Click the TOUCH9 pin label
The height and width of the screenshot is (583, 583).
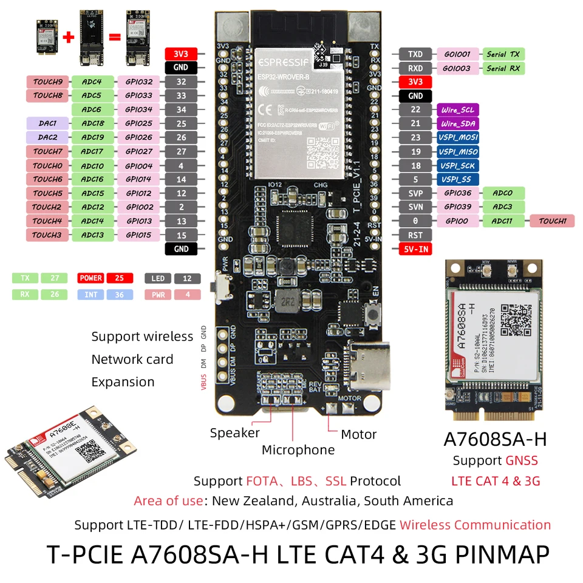pos(48,81)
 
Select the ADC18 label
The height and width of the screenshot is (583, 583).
pos(92,123)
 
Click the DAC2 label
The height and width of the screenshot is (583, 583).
pos(48,137)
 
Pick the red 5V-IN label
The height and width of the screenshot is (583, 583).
pos(415,249)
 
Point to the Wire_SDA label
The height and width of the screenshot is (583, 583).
pos(457,123)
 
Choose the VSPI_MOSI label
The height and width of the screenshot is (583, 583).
pos(457,137)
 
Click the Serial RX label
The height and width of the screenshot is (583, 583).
pos(503,69)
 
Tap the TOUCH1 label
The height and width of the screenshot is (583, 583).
pos(552,221)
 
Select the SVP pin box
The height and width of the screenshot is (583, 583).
pos(415,193)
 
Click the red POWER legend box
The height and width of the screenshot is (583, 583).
pos(90,278)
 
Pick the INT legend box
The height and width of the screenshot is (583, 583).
pos(90,295)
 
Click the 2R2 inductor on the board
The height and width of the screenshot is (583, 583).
pos(285,300)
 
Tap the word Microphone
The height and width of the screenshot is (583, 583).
pos(298,450)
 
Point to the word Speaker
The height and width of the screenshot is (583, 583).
pos(234,433)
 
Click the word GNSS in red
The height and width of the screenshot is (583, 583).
pos(522,461)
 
